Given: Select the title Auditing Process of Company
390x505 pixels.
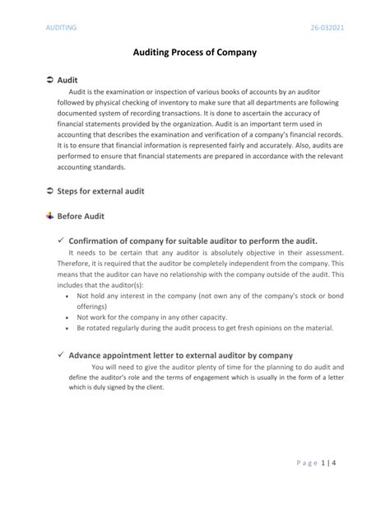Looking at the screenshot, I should [195, 52].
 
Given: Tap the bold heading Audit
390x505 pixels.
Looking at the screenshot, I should [67, 80].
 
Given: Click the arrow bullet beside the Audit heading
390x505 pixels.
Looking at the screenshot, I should [49, 80].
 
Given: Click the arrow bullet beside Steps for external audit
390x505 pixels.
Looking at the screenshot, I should [49, 190].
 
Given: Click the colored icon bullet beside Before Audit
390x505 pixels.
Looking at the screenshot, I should [49, 216].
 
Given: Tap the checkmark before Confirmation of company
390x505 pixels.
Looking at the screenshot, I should [61, 241].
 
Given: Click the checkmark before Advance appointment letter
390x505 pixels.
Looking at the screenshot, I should [61, 354].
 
